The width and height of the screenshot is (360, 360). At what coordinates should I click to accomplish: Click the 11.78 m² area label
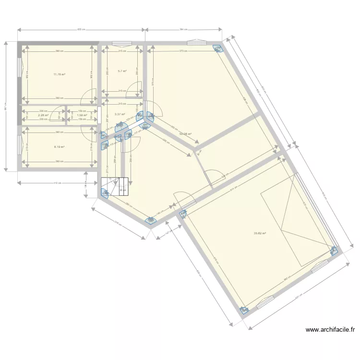coord(60,74)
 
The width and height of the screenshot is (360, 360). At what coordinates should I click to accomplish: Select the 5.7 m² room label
coord(122,72)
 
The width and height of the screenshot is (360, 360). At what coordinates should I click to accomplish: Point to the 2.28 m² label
coord(43,115)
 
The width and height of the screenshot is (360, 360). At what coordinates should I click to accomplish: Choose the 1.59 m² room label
coord(82,115)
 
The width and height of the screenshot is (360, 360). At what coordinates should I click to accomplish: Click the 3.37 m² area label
coord(120,114)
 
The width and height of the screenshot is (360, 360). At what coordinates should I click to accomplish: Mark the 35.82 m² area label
coord(260,234)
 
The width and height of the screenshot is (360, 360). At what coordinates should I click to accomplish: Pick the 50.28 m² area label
coord(185,134)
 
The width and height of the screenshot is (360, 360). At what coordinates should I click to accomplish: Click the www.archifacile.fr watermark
coord(330,330)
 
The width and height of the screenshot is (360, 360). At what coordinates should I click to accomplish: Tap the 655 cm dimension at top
coord(81,29)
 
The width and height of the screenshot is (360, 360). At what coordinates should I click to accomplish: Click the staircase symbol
coord(115,186)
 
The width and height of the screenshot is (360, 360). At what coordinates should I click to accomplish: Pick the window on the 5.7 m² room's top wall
coord(119,43)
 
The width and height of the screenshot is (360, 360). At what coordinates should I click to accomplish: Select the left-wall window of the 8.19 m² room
coord(20,144)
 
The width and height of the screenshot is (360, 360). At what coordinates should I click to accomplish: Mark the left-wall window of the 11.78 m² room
coord(20,68)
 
